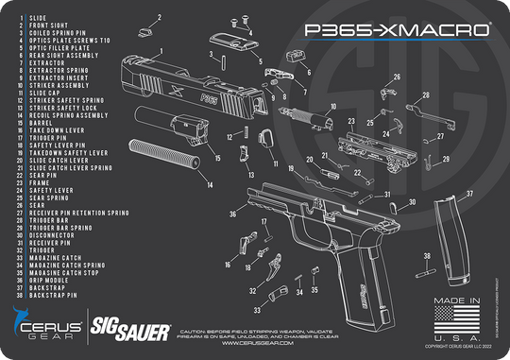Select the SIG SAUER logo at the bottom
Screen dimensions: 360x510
coord(130,331)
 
